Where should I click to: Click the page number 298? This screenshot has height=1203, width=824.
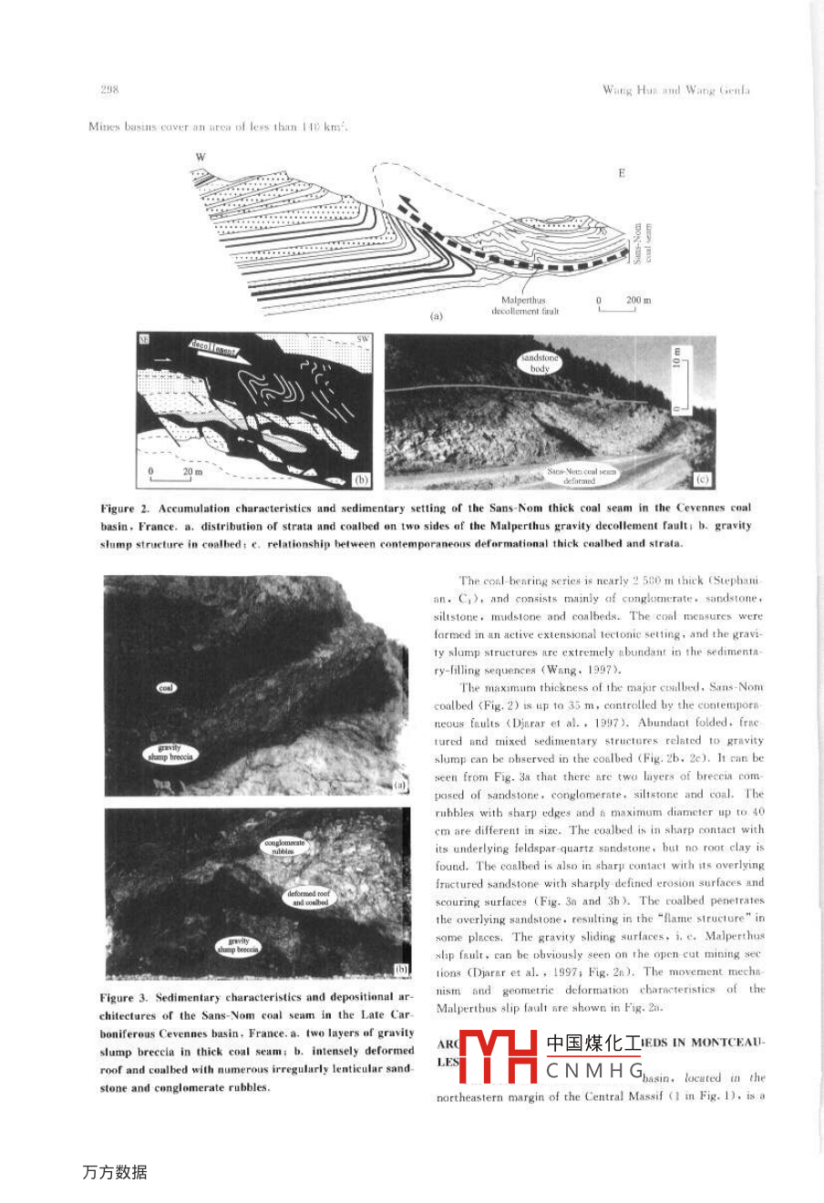pos(109,89)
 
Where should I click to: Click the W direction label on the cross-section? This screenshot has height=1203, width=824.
pos(200,157)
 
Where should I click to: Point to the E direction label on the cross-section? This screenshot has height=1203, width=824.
pos(622,172)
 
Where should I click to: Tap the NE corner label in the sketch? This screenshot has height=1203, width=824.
pos(144,339)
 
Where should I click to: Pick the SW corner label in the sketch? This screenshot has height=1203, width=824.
pos(363,339)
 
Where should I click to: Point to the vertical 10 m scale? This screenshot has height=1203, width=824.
pos(678,380)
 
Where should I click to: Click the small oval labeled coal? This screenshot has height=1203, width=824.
pos(166,688)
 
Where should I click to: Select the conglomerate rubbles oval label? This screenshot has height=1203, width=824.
pos(285,847)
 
